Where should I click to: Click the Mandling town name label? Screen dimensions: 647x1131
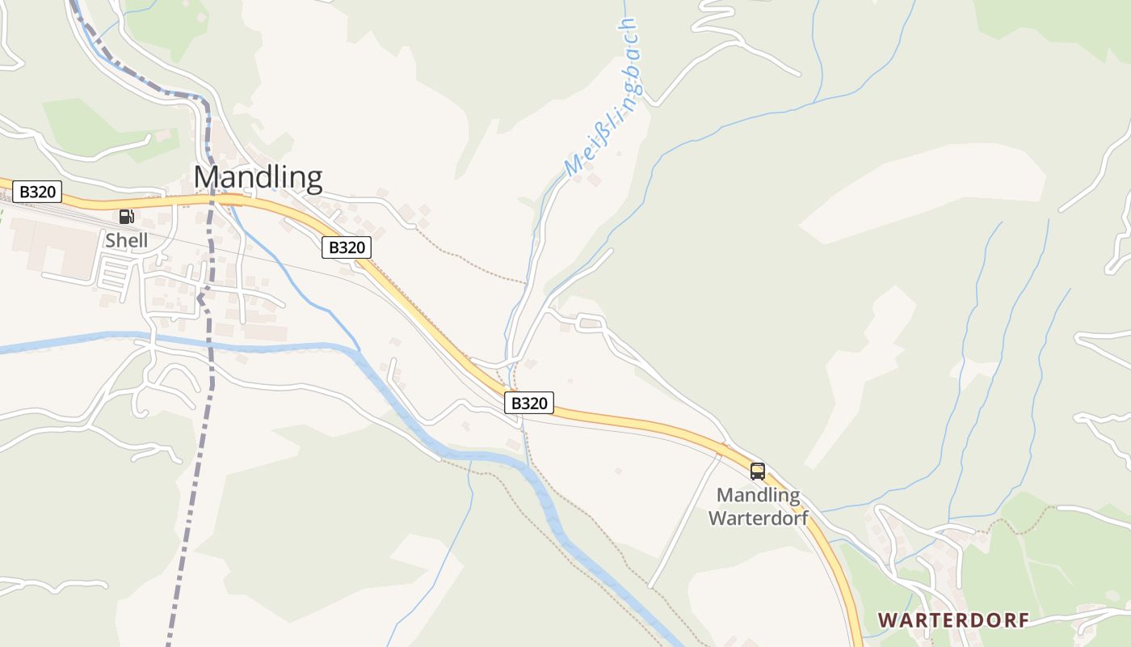258,177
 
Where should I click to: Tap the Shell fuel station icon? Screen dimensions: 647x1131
126,217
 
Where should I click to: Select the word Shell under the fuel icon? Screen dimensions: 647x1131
127,240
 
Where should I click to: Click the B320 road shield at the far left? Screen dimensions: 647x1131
37,192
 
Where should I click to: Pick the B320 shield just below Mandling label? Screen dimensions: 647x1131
347,247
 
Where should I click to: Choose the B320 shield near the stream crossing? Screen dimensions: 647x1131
529,403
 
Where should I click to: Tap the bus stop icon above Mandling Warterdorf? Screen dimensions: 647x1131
758,471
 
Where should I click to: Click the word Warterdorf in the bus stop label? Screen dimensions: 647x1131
759,518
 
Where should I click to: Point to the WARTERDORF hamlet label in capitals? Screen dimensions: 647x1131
953,620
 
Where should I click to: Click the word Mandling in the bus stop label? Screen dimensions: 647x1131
759,495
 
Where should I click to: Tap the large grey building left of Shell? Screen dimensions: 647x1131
57,247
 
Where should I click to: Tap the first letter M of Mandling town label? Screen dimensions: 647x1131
206,177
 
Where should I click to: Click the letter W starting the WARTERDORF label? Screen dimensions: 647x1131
887,620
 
